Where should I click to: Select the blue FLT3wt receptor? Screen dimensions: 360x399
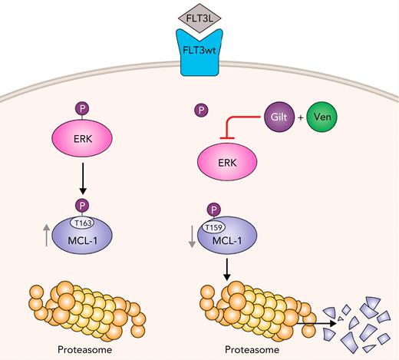click(x=199, y=56)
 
